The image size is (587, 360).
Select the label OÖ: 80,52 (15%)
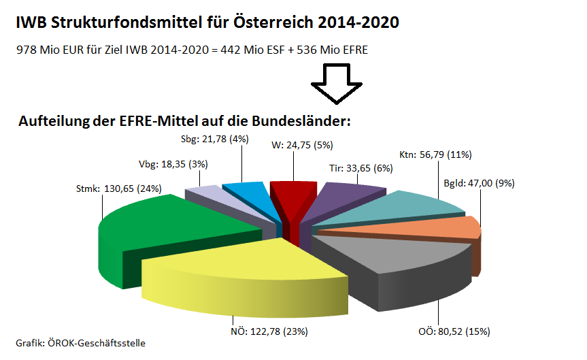[454, 332]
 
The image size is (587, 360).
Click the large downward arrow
[337, 83]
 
